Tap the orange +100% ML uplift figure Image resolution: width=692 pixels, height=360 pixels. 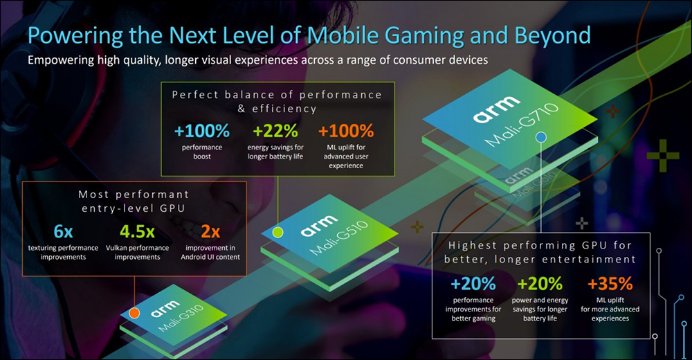346,130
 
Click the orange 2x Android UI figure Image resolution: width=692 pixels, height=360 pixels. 209,231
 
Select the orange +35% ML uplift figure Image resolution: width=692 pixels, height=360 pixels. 610,284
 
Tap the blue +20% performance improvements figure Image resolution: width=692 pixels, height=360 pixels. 473,284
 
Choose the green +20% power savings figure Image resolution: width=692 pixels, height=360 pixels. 540,284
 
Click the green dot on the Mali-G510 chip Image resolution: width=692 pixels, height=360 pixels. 277,231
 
